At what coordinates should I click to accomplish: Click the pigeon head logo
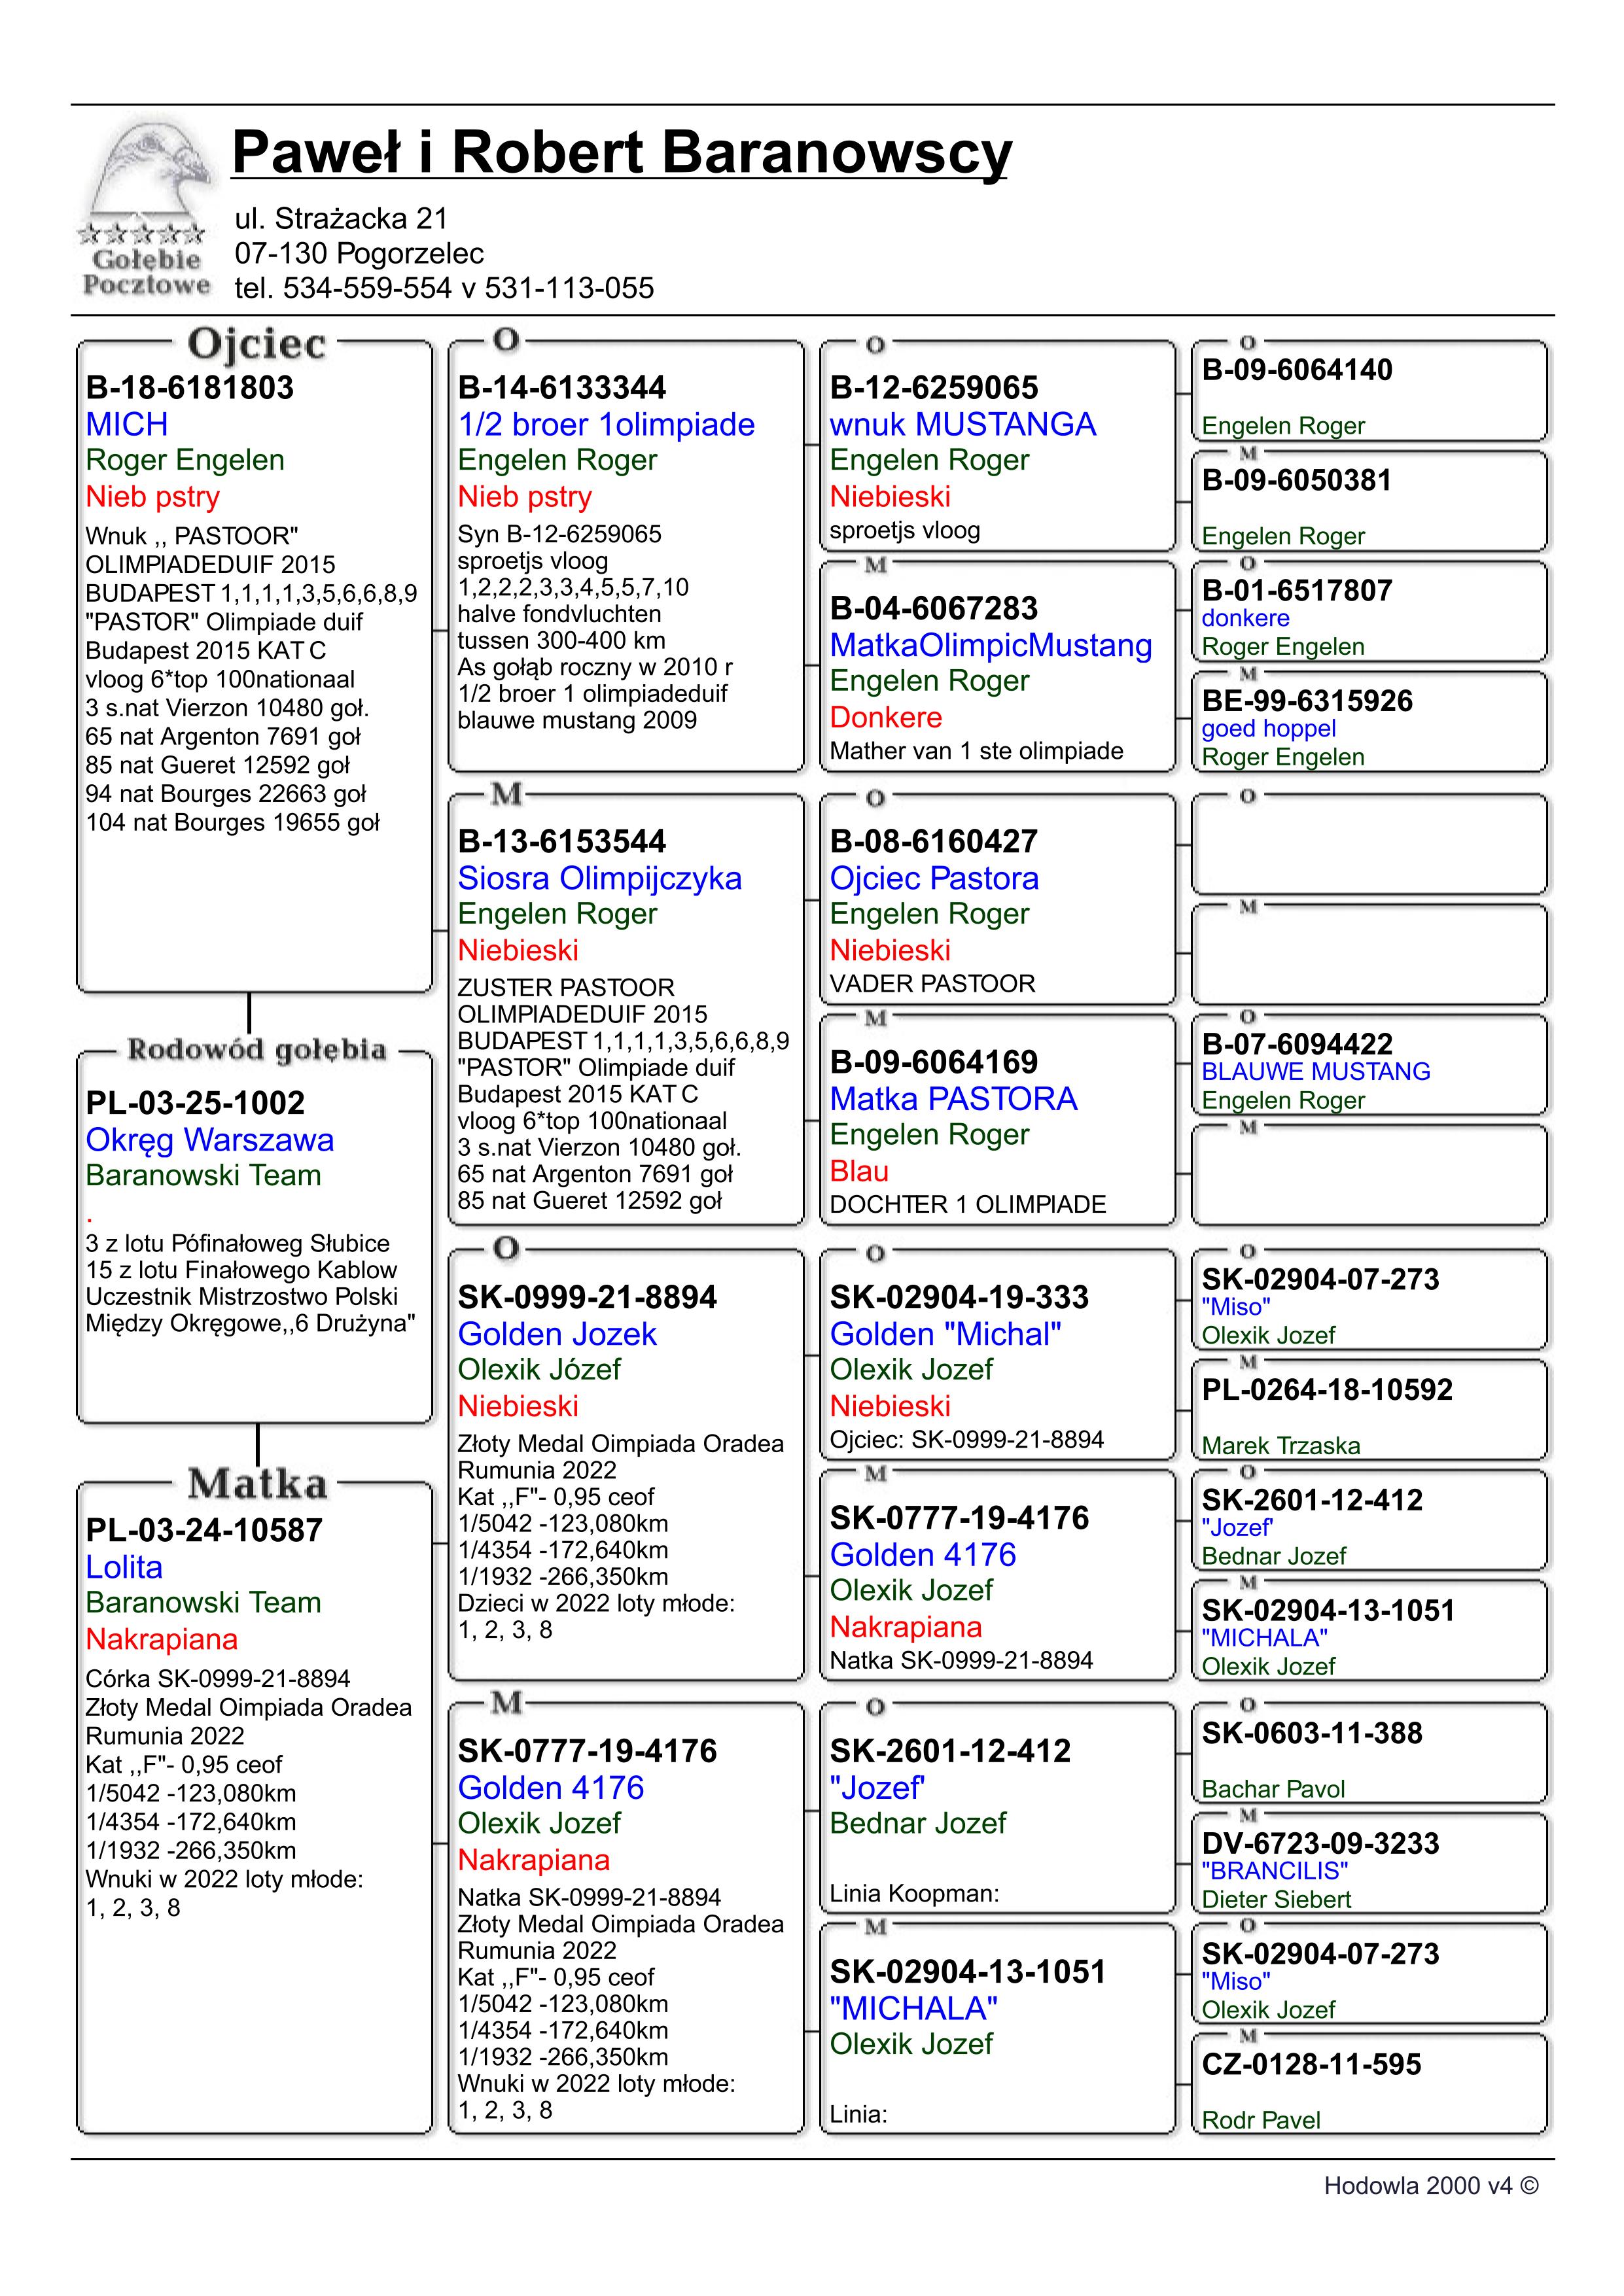pyautogui.click(x=148, y=170)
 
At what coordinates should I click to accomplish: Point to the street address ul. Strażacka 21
pyautogui.click(x=341, y=218)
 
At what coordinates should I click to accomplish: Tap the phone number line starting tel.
pyautogui.click(x=444, y=288)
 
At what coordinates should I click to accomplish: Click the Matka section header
pyautogui.click(x=257, y=1484)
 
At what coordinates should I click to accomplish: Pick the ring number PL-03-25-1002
pyautogui.click(x=195, y=1103)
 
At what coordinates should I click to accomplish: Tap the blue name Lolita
pyautogui.click(x=124, y=1567)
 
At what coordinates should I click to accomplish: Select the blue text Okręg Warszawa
pyautogui.click(x=210, y=1140)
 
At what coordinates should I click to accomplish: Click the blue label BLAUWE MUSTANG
pyautogui.click(x=1315, y=1072)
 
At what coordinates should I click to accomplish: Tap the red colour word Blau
pyautogui.click(x=859, y=1171)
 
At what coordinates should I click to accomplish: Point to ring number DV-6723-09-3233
pyautogui.click(x=1319, y=1843)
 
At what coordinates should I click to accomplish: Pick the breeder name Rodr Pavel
pyautogui.click(x=1260, y=2120)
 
